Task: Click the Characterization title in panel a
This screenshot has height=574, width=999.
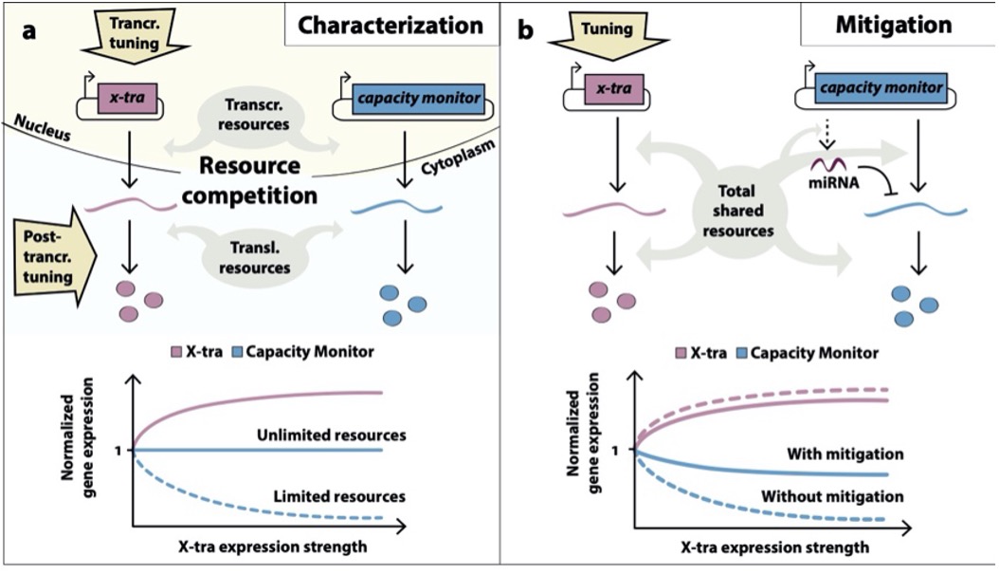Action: (391, 26)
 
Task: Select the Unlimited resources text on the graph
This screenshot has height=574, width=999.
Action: (332, 435)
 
